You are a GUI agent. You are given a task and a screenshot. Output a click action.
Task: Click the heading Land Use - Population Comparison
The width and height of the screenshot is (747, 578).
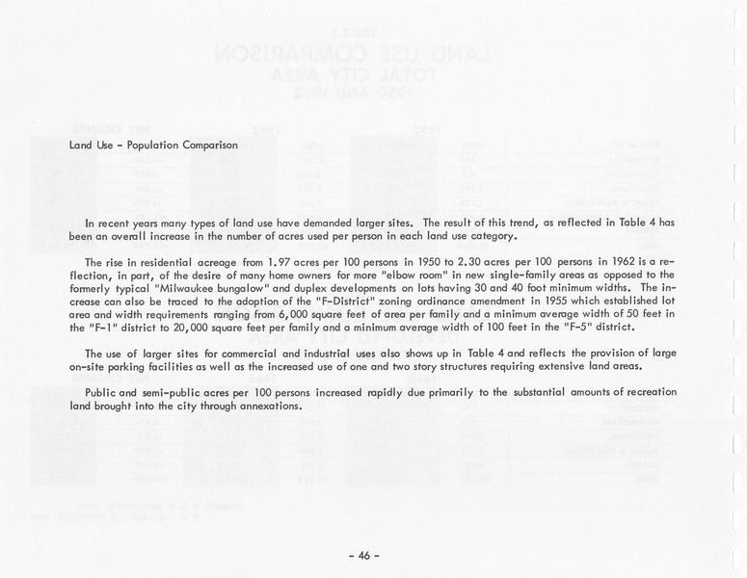coord(153,145)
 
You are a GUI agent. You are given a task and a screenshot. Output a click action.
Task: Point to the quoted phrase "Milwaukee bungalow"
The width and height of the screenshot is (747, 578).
coord(188,288)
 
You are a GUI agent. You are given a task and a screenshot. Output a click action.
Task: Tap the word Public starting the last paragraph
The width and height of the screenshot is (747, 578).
coord(101,392)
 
